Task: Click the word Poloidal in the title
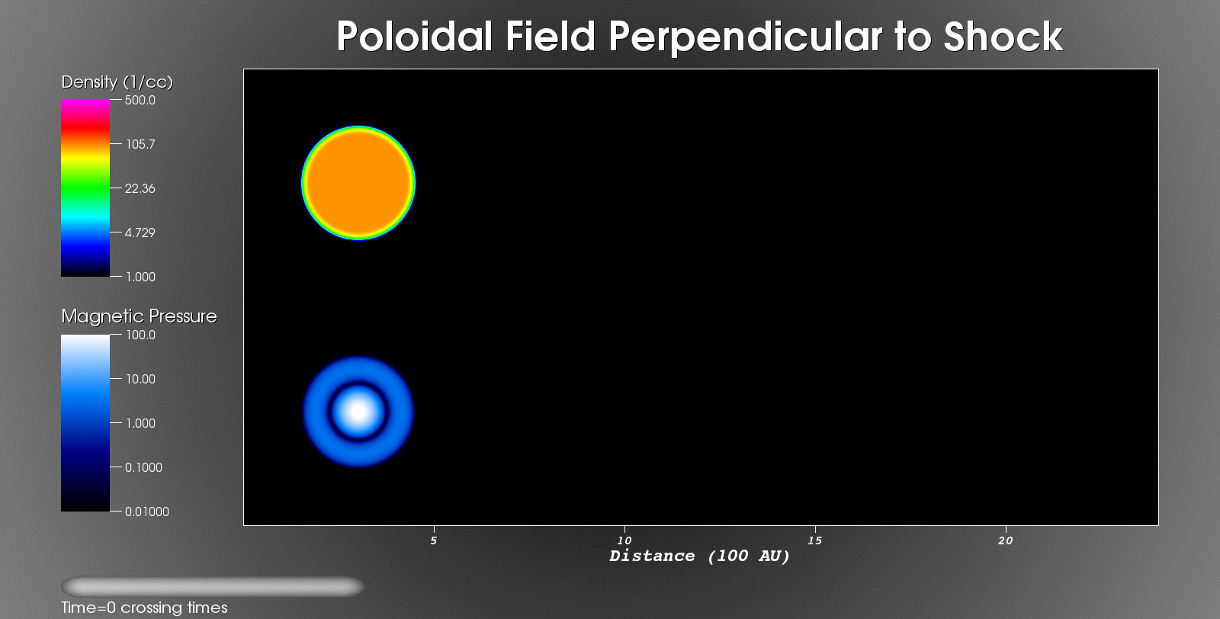[415, 37]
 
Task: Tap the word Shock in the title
[1003, 37]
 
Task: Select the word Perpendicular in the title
[744, 37]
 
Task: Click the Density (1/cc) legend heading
[117, 82]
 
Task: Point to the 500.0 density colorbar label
[140, 100]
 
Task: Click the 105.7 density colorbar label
[140, 144]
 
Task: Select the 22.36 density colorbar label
[140, 188]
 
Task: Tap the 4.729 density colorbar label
[140, 233]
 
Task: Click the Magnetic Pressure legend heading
[139, 316]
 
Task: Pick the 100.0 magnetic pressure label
[140, 335]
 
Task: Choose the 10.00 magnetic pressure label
[140, 379]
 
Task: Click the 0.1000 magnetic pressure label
[144, 467]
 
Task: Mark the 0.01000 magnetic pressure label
[147, 512]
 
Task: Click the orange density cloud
[358, 183]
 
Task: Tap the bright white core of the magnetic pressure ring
[358, 412]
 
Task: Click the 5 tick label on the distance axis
[434, 540]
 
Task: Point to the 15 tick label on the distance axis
[815, 540]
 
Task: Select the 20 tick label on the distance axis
[1006, 540]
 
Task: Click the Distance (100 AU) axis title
[700, 556]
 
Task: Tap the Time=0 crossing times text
[144, 608]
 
